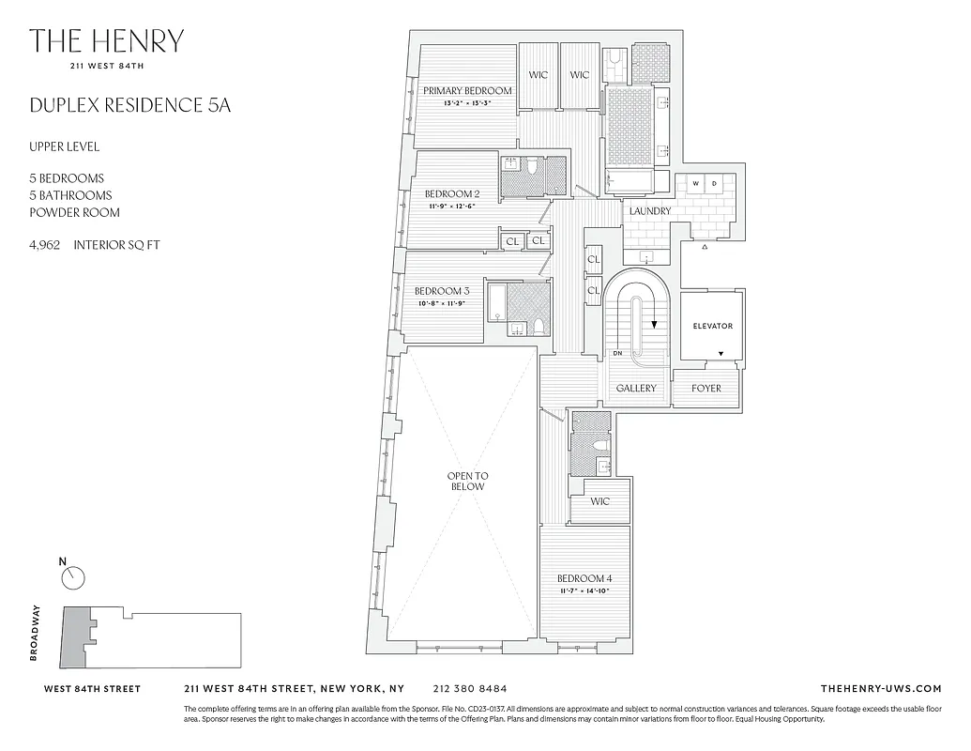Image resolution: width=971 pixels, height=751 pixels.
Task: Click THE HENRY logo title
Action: pyautogui.click(x=106, y=41)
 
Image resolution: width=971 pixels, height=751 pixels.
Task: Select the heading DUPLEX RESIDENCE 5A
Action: pyautogui.click(x=129, y=104)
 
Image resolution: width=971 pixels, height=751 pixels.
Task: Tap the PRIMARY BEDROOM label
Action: pyautogui.click(x=467, y=91)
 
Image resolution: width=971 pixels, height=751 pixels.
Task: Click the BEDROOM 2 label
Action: pyautogui.click(x=448, y=193)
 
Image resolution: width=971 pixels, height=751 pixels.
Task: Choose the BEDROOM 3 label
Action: pyautogui.click(x=442, y=291)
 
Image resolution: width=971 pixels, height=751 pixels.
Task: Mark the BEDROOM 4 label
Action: pyautogui.click(x=584, y=578)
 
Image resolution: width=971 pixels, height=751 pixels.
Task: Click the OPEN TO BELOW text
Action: pyautogui.click(x=466, y=482)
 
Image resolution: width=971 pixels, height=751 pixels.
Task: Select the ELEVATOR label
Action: pyautogui.click(x=712, y=327)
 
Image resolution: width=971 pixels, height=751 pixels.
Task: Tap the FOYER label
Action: pyautogui.click(x=706, y=388)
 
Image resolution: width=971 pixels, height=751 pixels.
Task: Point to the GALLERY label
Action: pyautogui.click(x=636, y=388)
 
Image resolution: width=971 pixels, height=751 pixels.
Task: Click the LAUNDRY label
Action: pyautogui.click(x=650, y=211)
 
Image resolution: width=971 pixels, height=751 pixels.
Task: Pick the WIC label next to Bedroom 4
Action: pyautogui.click(x=599, y=501)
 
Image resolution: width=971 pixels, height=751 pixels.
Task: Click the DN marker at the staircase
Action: pyautogui.click(x=617, y=353)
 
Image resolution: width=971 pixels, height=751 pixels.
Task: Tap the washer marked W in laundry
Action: pyautogui.click(x=695, y=183)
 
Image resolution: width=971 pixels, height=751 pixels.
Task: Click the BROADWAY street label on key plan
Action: pyautogui.click(x=35, y=634)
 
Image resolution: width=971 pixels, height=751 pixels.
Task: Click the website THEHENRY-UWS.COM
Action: pyautogui.click(x=880, y=688)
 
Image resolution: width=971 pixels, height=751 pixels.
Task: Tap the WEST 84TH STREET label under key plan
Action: pyautogui.click(x=93, y=688)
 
